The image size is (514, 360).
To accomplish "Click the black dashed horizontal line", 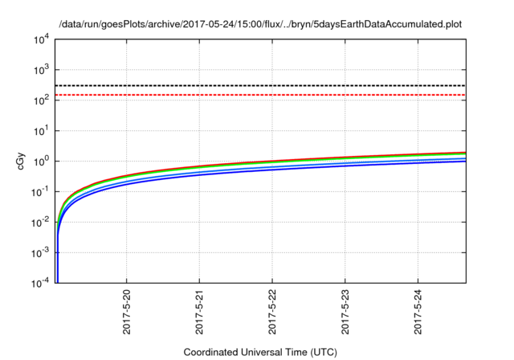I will [x=265, y=85].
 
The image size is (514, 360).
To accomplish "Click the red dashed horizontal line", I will [x=265, y=95].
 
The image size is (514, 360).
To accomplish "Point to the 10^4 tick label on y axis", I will [x=39, y=39].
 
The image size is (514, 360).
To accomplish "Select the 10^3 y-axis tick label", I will [x=39, y=69].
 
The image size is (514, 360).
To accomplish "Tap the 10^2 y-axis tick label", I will [x=39, y=100].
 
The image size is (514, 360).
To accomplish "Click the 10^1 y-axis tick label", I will [x=39, y=130].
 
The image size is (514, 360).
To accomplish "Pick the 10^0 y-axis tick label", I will [x=39, y=161].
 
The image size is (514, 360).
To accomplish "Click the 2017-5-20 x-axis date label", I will [x=126, y=313].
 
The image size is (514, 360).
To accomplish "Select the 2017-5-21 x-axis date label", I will [x=199, y=313].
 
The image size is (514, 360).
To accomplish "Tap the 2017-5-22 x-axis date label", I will [x=272, y=313].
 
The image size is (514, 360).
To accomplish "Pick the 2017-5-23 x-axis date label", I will [x=345, y=313].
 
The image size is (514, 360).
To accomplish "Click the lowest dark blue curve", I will [x=321, y=175].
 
